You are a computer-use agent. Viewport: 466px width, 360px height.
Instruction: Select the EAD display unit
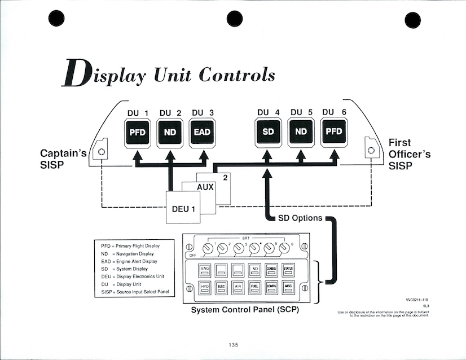203,134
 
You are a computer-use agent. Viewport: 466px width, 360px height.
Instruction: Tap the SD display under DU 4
269,134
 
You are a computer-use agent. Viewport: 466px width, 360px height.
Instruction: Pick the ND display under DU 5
301,134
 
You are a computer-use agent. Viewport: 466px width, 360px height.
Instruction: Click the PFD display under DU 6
334,134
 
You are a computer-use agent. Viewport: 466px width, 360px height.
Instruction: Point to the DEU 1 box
183,209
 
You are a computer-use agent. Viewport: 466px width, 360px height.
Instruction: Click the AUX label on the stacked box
205,187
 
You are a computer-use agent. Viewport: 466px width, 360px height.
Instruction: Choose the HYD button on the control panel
205,288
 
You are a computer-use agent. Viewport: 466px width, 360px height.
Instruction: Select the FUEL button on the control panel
254,288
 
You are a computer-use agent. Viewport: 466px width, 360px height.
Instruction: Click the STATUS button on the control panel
288,270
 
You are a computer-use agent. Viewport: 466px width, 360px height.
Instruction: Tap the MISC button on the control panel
288,288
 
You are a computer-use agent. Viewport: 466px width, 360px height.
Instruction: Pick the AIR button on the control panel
238,288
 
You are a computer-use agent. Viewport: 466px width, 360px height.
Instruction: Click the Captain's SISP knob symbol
102,152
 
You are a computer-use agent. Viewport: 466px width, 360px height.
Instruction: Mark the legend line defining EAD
129,261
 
